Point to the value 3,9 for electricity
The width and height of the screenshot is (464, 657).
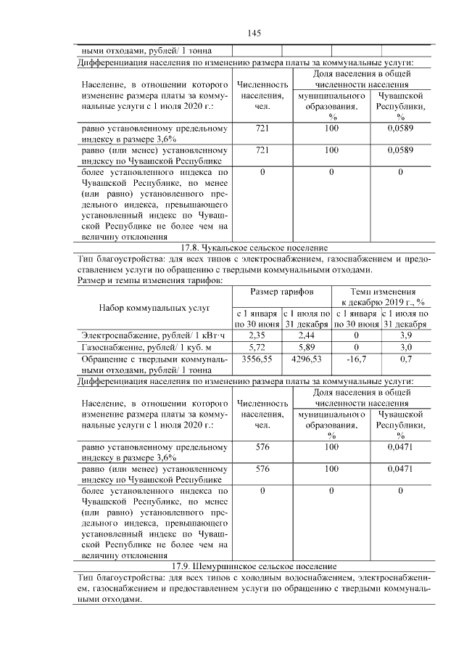pyautogui.click(x=405, y=335)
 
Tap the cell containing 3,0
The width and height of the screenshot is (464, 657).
pyautogui.click(x=405, y=348)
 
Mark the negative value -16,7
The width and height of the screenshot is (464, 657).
pyautogui.click(x=356, y=359)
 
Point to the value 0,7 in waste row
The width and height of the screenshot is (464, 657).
pyautogui.click(x=405, y=359)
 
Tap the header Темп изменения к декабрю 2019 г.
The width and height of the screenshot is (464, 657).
pyautogui.click(x=381, y=296)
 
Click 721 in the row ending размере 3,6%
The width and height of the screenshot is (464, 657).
pyautogui.click(x=262, y=128)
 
